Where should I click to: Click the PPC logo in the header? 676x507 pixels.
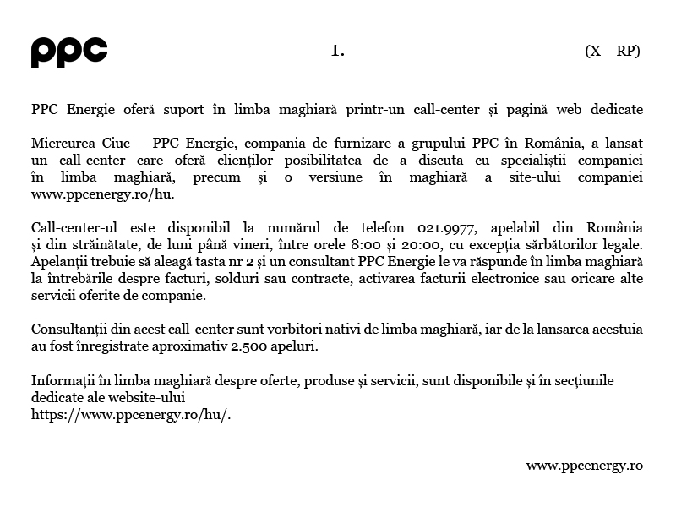pos(69,52)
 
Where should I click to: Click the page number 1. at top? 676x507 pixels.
pos(338,51)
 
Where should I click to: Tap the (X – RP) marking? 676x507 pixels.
pos(612,51)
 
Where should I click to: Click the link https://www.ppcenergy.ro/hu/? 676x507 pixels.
pos(130,414)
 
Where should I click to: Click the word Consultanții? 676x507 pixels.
pos(68,330)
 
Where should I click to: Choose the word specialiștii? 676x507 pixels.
pos(530,160)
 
